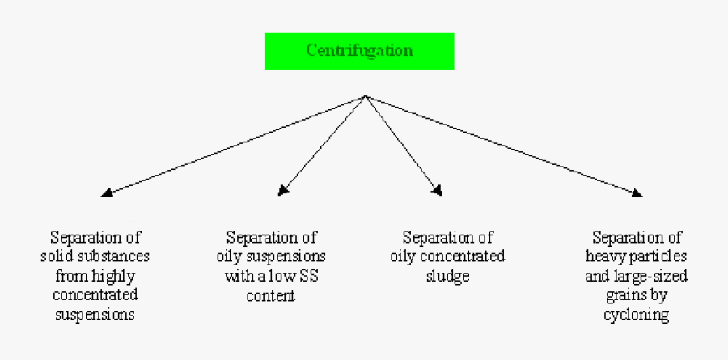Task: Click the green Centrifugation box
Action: click(x=359, y=51)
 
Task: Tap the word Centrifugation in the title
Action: click(x=359, y=51)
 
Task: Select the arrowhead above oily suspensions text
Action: click(x=283, y=191)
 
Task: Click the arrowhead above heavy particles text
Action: click(x=637, y=193)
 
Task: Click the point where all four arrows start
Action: click(x=366, y=97)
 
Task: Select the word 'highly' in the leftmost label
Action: click(x=117, y=276)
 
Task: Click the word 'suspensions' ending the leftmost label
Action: click(x=94, y=315)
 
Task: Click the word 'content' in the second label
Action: click(x=271, y=296)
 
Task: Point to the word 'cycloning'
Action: click(x=637, y=315)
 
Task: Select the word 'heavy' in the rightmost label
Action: click(x=604, y=257)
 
